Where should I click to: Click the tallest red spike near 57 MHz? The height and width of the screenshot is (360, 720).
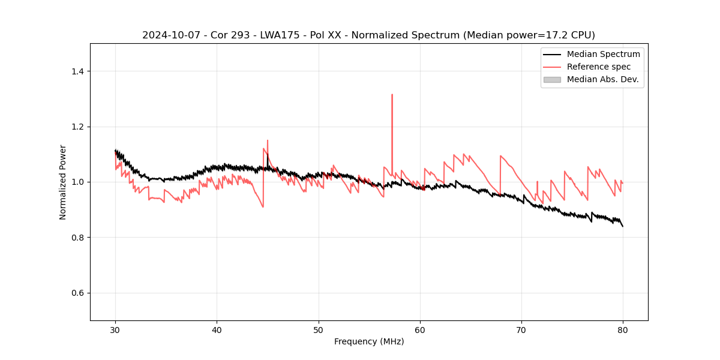tap(392, 95)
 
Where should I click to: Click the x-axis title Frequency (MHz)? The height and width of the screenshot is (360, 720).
tap(369, 341)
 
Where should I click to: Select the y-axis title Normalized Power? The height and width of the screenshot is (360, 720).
tap(63, 182)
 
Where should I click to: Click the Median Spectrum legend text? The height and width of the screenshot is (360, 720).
tap(603, 54)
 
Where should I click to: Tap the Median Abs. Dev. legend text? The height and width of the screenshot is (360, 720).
tap(602, 79)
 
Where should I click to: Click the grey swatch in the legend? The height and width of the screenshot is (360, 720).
tap(552, 79)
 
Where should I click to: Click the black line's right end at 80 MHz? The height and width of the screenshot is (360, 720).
tap(623, 226)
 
